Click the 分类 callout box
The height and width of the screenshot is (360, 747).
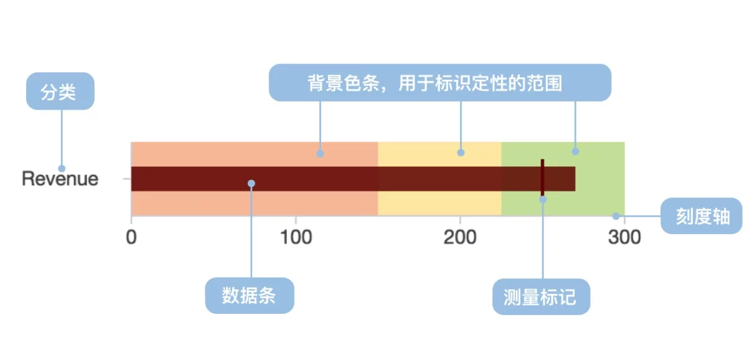point(60,92)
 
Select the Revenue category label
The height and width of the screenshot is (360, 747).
point(60,179)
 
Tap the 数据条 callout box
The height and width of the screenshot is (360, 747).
point(249,295)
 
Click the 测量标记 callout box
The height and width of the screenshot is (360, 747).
point(541,296)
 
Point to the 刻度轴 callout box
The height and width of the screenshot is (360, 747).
point(702,216)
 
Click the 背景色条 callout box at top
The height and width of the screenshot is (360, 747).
point(439,82)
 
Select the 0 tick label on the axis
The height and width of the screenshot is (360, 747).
point(131,238)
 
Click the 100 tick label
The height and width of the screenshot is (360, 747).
point(295,238)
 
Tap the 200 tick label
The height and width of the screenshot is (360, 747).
point(459,238)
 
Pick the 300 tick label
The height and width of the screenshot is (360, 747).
point(624,238)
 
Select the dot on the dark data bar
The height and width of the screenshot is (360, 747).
point(251,183)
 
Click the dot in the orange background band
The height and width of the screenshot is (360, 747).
point(320,153)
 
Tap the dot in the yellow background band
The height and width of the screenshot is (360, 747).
point(461,152)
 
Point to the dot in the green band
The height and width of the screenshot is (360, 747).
point(575,151)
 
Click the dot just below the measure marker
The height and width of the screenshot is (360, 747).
point(542,199)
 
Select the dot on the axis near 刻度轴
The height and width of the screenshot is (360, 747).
point(616,216)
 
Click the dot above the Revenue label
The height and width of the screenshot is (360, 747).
point(62,168)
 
